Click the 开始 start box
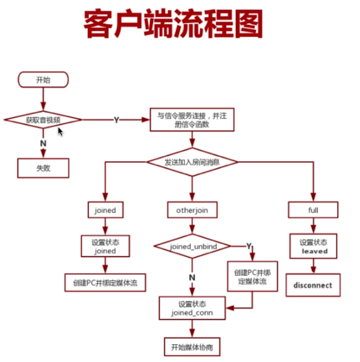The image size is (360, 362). pyautogui.click(x=43, y=79)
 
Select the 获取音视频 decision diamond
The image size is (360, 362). pyautogui.click(x=43, y=120)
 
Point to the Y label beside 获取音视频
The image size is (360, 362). pyautogui.click(x=116, y=120)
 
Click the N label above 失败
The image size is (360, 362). pyautogui.click(x=43, y=143)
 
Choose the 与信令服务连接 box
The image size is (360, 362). pyautogui.click(x=192, y=120)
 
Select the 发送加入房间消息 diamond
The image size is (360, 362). pyautogui.click(x=192, y=162)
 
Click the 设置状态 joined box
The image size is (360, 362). pyautogui.click(x=105, y=246)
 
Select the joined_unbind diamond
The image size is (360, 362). pyautogui.click(x=192, y=246)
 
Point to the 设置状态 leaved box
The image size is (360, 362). pyautogui.click(x=314, y=246)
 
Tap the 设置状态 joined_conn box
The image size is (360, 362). pyautogui.click(x=192, y=308)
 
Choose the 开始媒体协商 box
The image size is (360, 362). pyautogui.click(x=192, y=347)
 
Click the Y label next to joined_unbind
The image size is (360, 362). pyautogui.click(x=249, y=246)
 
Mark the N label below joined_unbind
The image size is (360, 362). pyautogui.click(x=192, y=278)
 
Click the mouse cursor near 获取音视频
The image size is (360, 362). pyautogui.click(x=60, y=131)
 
